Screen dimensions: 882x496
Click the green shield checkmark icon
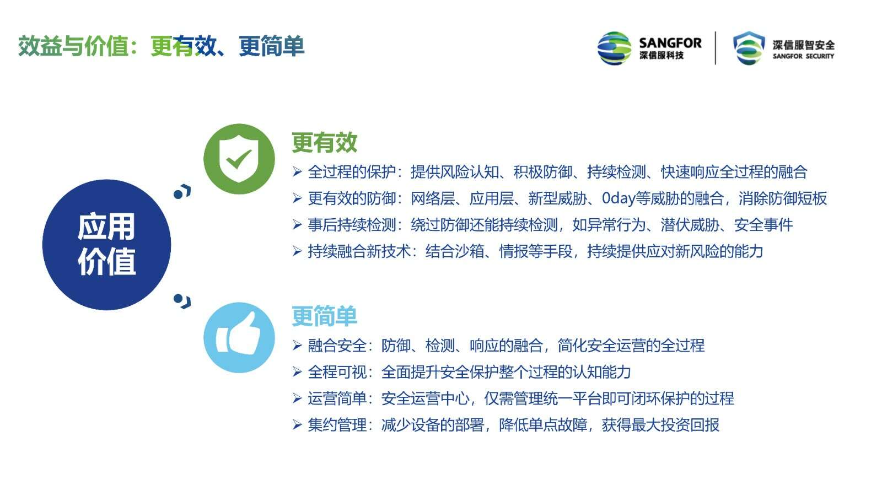239,159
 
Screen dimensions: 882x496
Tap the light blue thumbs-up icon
239,338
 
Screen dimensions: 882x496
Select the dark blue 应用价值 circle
107,245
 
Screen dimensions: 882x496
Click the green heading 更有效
325,143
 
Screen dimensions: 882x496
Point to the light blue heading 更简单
325,316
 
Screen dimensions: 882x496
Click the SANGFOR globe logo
614,48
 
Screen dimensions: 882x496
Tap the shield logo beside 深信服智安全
749,48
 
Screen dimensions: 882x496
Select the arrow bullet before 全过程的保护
297,171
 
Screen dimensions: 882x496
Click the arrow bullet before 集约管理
297,425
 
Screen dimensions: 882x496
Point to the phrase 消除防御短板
783,198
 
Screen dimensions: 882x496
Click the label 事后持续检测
352,225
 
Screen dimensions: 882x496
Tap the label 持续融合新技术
359,251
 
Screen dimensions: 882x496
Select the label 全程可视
337,372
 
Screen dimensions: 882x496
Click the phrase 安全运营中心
426,398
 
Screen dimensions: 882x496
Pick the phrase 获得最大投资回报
661,425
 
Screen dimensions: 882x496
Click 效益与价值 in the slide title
73,46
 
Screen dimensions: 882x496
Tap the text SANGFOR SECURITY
803,56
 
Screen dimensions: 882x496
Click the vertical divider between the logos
716,48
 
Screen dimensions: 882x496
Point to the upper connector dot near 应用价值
178,194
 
